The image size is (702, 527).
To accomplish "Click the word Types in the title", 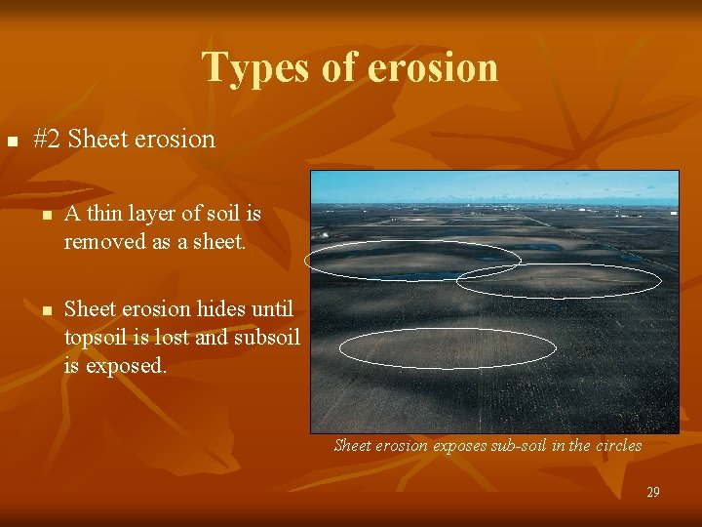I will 244,67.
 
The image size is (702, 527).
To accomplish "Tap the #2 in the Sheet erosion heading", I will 47,139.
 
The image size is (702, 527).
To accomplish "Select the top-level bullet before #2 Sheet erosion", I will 12,142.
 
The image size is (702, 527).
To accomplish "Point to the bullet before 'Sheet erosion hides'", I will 45,311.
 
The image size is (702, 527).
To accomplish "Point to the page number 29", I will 653,493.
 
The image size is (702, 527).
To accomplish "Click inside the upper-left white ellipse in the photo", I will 412,260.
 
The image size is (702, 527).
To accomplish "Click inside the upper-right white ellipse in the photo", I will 559,280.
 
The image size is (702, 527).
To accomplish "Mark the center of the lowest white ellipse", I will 448,348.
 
